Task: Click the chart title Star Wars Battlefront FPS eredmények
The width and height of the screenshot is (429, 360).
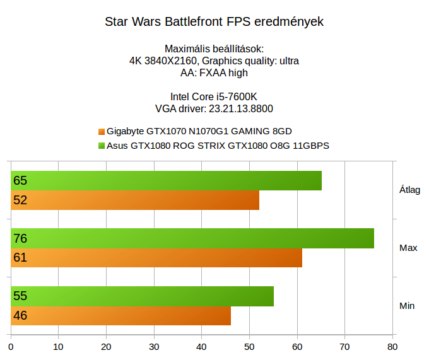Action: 214,22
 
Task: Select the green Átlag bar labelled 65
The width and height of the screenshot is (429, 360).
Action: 166,180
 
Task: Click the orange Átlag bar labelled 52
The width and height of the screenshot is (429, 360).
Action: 135,200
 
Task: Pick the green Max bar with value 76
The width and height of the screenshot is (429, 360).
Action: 192,238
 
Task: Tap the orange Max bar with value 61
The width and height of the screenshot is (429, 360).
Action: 156,258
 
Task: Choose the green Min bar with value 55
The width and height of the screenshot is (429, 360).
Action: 143,296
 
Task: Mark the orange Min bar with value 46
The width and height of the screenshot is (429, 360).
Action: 121,315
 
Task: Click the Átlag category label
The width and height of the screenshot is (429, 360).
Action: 409,190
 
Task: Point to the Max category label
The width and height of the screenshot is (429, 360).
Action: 408,248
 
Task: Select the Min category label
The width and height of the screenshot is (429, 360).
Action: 407,306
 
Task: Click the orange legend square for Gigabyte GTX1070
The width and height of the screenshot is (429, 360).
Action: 101,132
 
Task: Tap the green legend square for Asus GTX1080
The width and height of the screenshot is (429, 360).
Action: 101,146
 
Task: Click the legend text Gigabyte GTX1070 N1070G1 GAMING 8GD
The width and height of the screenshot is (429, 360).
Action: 199,132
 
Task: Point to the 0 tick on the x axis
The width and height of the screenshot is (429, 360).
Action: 11,346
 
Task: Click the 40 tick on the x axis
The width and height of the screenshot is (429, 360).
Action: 201,346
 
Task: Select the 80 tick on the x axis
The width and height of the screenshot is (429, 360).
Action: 392,346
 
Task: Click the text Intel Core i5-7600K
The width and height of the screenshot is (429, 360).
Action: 214,96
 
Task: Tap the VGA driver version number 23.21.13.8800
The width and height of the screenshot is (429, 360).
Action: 240,108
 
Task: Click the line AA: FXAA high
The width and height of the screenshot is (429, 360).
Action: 214,73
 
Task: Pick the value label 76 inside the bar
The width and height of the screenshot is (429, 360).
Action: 20,238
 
